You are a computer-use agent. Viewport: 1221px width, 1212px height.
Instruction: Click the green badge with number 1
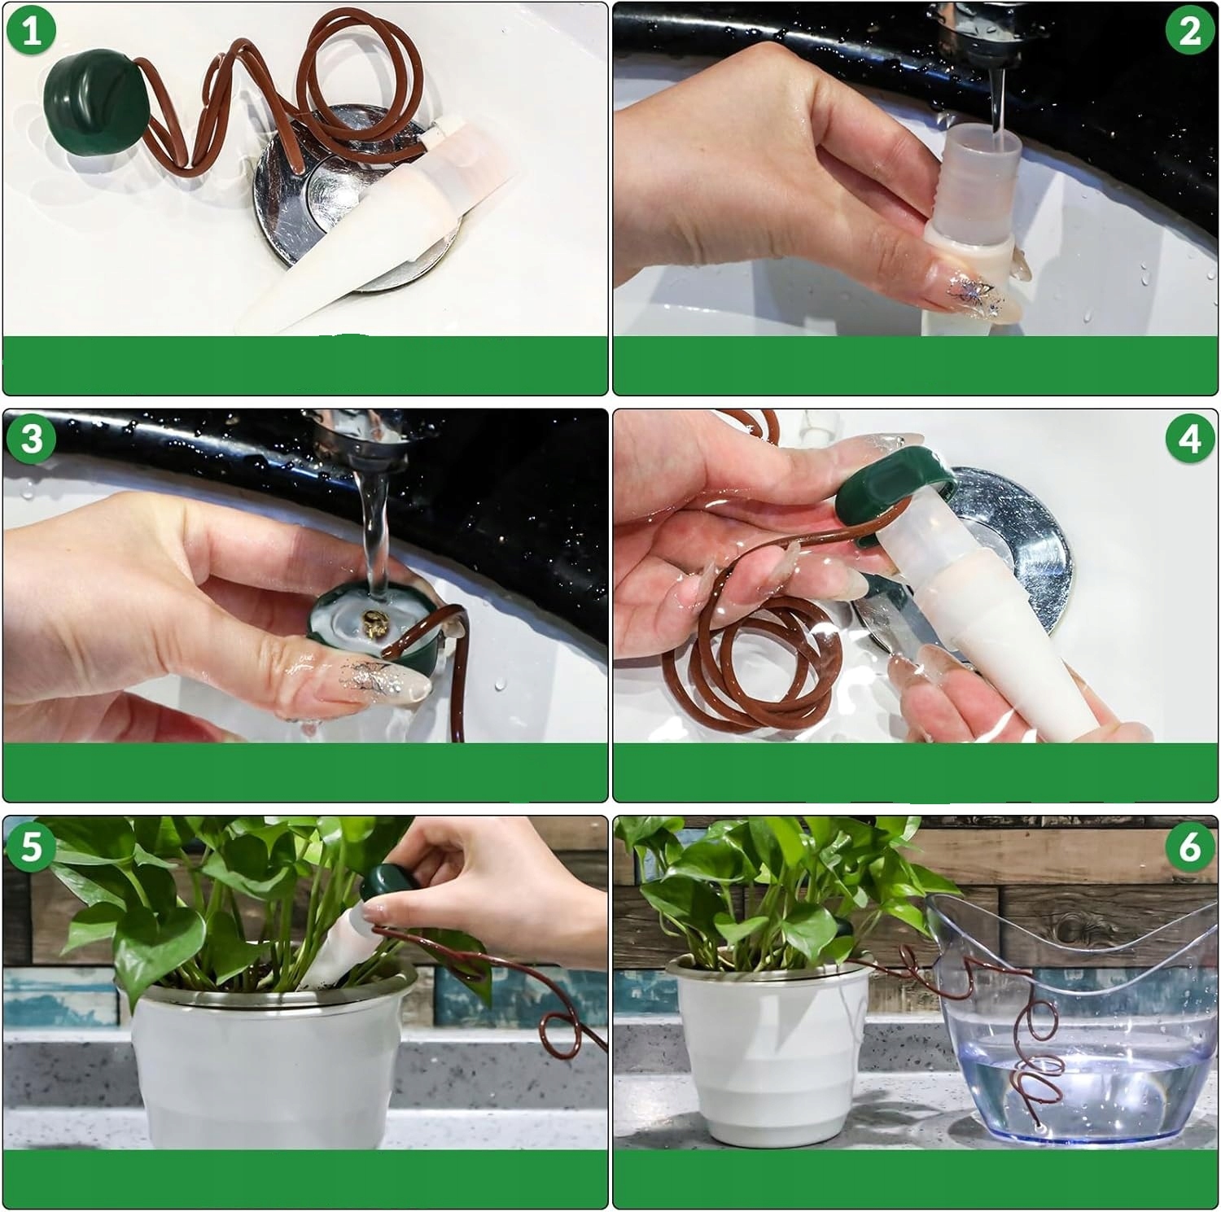tap(32, 31)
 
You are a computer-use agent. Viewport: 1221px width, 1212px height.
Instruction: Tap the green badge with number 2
tap(1189, 31)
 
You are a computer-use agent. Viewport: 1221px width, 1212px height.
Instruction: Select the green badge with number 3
tap(32, 439)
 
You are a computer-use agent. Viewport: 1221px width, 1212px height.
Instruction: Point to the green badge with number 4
tap(1189, 439)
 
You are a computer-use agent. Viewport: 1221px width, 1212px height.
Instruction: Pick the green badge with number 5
tap(32, 847)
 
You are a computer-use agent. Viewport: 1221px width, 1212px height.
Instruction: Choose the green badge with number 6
tap(1189, 847)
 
